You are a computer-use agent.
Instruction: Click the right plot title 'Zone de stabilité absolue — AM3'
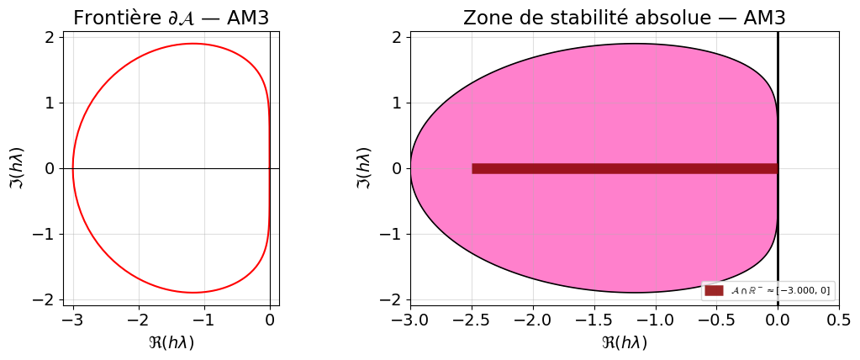[624, 18]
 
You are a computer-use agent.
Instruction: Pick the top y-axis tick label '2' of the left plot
[50, 37]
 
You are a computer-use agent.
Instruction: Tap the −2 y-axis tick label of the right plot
[391, 299]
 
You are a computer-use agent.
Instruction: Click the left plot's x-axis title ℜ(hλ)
[171, 342]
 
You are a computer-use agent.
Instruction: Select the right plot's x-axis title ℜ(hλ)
[624, 342]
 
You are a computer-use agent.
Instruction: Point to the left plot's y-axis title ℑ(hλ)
[18, 167]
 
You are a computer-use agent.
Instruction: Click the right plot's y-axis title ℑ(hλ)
[363, 167]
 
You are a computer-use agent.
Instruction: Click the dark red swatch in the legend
[714, 290]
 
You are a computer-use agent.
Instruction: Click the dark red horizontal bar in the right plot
[624, 168]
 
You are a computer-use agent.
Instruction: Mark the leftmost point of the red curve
[73, 168]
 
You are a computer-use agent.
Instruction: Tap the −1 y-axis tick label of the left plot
[44, 234]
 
